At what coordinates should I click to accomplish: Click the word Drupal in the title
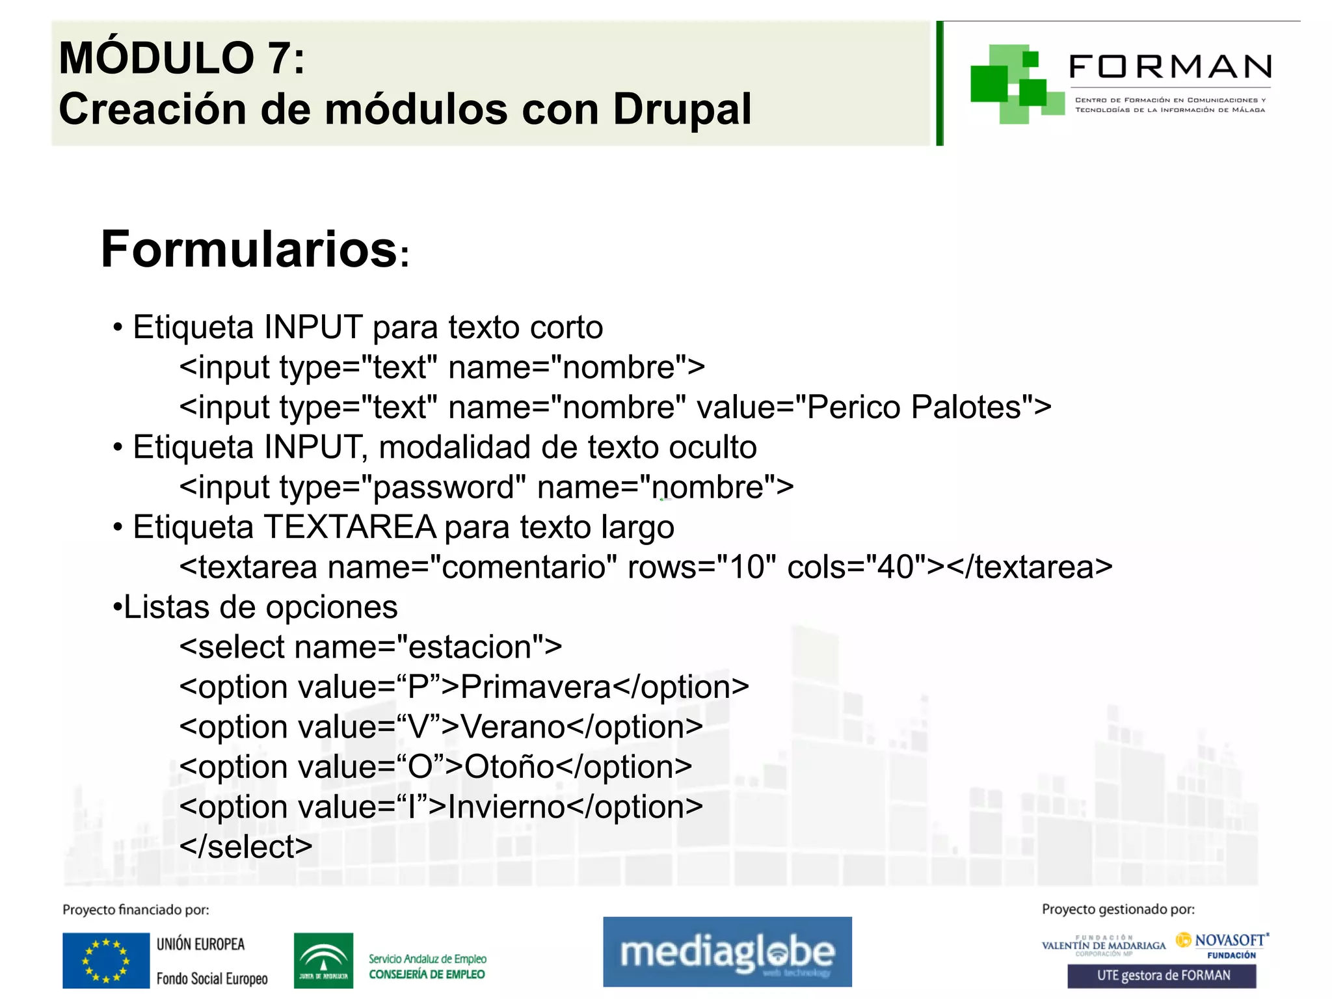click(x=682, y=109)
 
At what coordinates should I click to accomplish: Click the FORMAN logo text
click(x=1170, y=66)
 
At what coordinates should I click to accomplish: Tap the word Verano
click(x=513, y=726)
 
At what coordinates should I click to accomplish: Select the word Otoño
click(x=509, y=767)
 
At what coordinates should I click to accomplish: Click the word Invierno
click(x=507, y=807)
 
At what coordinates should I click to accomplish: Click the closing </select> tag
click(x=246, y=847)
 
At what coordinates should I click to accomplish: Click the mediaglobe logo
click(x=727, y=952)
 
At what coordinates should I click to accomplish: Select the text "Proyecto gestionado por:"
click(x=1118, y=909)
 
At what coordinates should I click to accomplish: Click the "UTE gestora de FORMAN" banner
click(x=1162, y=976)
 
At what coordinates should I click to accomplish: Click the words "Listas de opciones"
click(x=260, y=607)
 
